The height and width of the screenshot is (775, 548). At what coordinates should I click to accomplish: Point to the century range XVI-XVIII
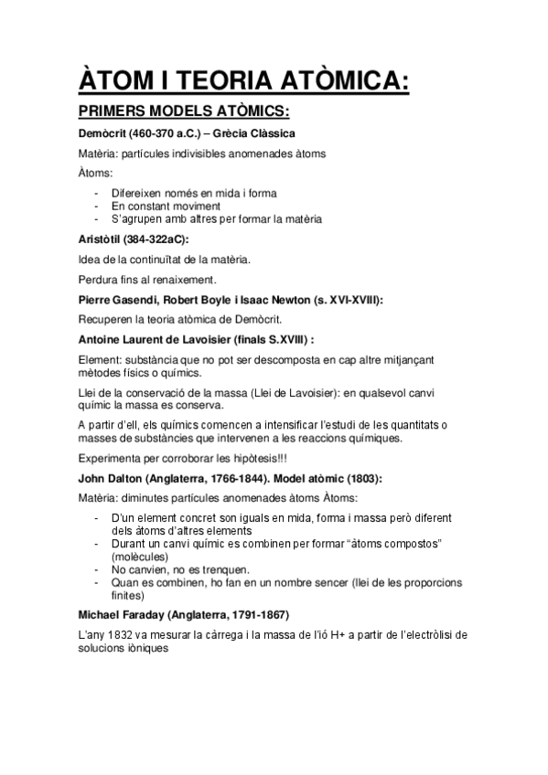click(355, 299)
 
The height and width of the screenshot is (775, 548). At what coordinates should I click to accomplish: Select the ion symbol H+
click(317, 635)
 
